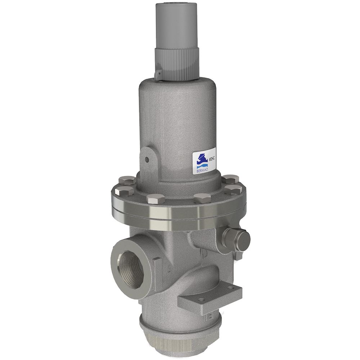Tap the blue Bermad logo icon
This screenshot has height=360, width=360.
[x=199, y=158]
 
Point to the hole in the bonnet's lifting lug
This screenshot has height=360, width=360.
[x=147, y=159]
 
